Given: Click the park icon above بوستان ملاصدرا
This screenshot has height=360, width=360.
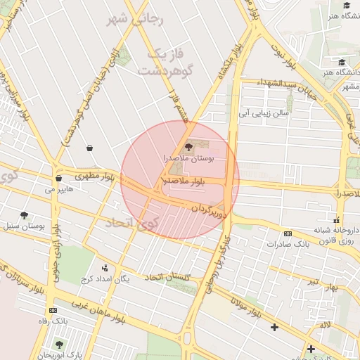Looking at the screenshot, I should [188, 147].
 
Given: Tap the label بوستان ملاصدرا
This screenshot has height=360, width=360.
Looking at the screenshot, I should [188, 159].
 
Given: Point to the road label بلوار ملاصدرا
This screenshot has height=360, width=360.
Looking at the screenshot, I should [182, 181].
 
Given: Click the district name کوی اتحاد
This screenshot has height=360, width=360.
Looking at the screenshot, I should [133, 225].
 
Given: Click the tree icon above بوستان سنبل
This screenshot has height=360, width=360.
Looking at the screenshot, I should [25, 216].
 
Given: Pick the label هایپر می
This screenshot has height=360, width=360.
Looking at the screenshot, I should [59, 189].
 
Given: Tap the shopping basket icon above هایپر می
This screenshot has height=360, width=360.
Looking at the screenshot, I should [59, 179].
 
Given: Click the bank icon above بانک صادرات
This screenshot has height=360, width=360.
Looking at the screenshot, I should [288, 233].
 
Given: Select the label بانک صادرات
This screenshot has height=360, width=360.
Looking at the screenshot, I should [288, 244].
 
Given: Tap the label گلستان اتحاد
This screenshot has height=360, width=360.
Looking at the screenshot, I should [168, 277].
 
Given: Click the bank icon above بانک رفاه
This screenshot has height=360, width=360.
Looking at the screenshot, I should [53, 310].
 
